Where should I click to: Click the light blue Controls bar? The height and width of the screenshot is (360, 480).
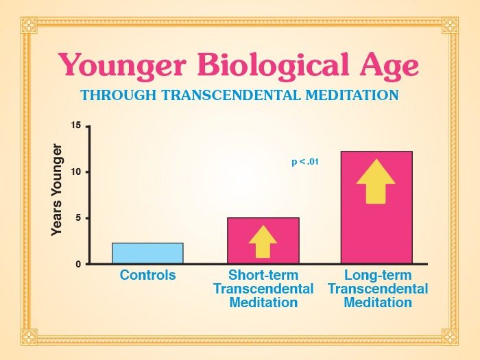pyautogui.click(x=147, y=253)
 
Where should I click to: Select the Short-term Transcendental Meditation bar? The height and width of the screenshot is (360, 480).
pyautogui.click(x=263, y=241)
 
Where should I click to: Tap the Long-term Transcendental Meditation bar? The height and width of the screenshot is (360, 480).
pyautogui.click(x=377, y=207)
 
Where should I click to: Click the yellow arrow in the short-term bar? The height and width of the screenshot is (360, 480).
pyautogui.click(x=263, y=241)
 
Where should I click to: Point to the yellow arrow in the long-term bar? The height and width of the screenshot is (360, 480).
pyautogui.click(x=376, y=181)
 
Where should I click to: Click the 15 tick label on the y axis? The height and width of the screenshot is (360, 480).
pyautogui.click(x=75, y=125)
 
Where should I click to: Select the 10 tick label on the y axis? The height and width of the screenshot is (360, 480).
pyautogui.click(x=75, y=172)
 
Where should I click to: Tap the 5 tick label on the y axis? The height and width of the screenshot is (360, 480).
pyautogui.click(x=78, y=218)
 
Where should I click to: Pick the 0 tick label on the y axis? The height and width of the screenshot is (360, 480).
pyautogui.click(x=78, y=265)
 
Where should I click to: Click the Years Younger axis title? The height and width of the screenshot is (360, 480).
pyautogui.click(x=57, y=190)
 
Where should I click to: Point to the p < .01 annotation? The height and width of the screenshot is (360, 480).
pyautogui.click(x=305, y=161)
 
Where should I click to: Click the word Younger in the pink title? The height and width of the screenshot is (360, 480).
pyautogui.click(x=122, y=67)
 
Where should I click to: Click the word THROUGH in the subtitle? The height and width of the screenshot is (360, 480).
pyautogui.click(x=119, y=95)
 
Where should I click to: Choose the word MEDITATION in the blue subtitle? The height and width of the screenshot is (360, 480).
pyautogui.click(x=352, y=95)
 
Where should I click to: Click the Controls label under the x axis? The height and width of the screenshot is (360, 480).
pyautogui.click(x=148, y=275)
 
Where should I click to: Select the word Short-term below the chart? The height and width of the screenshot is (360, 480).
pyautogui.click(x=263, y=275)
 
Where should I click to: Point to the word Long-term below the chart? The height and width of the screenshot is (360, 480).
pyautogui.click(x=378, y=276)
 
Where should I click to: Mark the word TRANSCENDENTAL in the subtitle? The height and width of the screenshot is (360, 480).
pyautogui.click(x=231, y=95)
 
